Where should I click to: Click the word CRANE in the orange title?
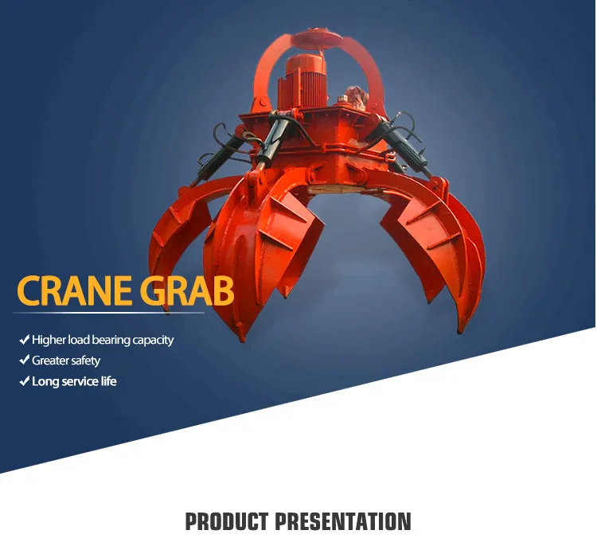pos(74,291)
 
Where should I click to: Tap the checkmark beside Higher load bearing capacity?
pos(24,340)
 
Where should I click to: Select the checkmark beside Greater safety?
pos(24,361)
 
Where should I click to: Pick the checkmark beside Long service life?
pos(24,381)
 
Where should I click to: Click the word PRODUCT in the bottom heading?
pos(227,522)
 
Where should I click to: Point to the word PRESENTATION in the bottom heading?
pos(343,522)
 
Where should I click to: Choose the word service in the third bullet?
pos(79,381)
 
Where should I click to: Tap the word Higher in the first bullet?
pos(49,341)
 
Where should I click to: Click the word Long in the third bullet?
pos(45,381)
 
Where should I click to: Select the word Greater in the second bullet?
pos(49,361)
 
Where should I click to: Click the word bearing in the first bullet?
pos(111,341)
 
